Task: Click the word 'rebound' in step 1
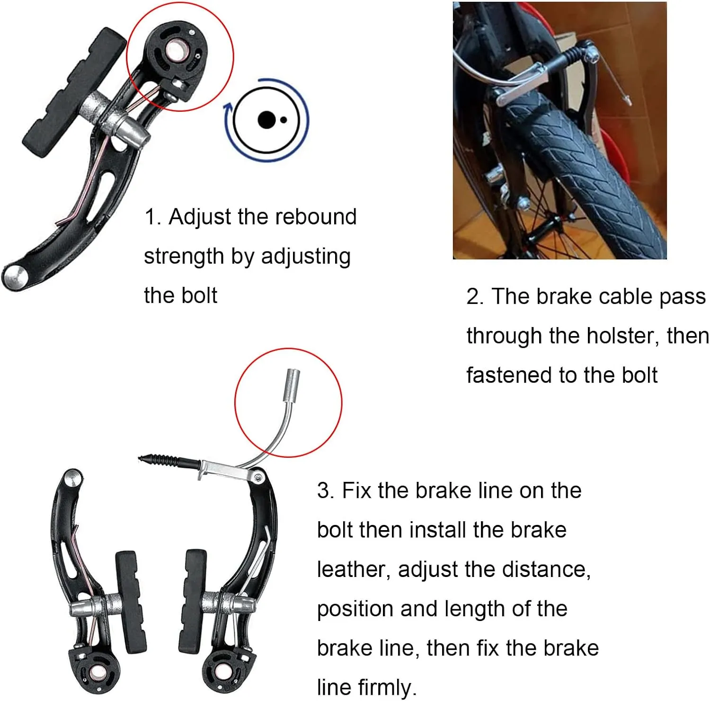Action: pyautogui.click(x=316, y=217)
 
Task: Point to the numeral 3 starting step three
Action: pyautogui.click(x=324, y=491)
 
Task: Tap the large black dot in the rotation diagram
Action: pyautogui.click(x=266, y=120)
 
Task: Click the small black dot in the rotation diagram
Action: pyautogui.click(x=283, y=120)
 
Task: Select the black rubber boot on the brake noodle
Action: pyautogui.click(x=169, y=461)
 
